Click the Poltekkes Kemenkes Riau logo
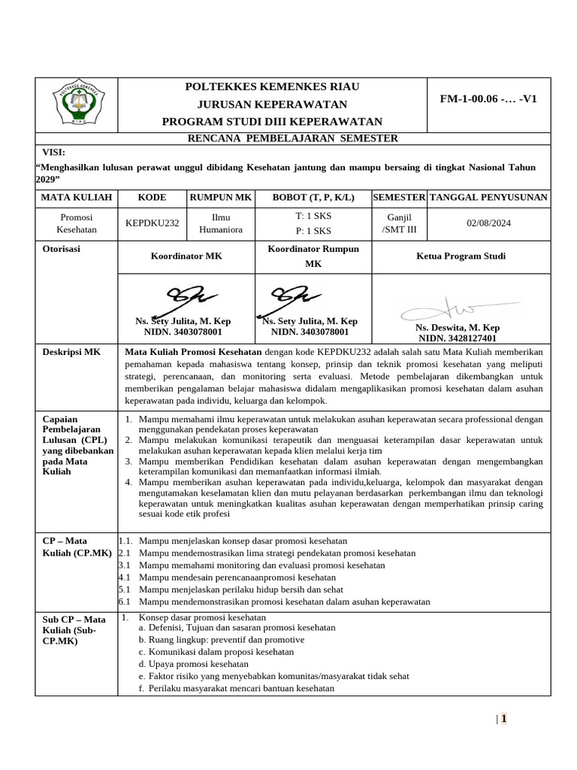click(79, 105)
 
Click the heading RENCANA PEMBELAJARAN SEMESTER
click(293, 138)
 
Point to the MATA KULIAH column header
click(75, 197)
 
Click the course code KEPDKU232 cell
click(153, 223)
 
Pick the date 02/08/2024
click(488, 223)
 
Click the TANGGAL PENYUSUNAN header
click(488, 197)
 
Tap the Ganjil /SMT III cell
click(399, 223)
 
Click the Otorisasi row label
click(62, 249)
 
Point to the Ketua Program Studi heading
click(461, 256)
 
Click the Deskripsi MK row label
click(72, 351)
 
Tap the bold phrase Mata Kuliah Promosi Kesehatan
click(193, 351)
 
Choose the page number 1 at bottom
click(504, 718)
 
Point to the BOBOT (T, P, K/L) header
click(313, 197)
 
